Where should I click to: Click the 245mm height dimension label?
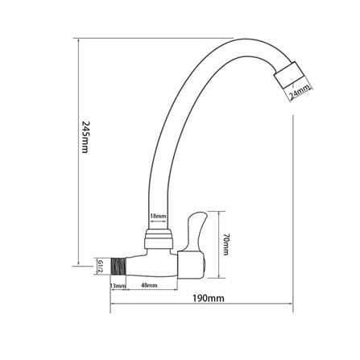[x=85, y=137]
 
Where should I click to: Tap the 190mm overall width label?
[x=209, y=298]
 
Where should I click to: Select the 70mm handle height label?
[x=226, y=245]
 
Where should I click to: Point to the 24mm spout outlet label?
[x=299, y=93]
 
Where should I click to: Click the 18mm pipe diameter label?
[x=158, y=216]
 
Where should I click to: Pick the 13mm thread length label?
[x=118, y=286]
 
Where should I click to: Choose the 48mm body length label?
[x=149, y=285]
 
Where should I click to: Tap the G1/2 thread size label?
[x=101, y=267]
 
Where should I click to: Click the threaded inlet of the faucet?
[x=118, y=267]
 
